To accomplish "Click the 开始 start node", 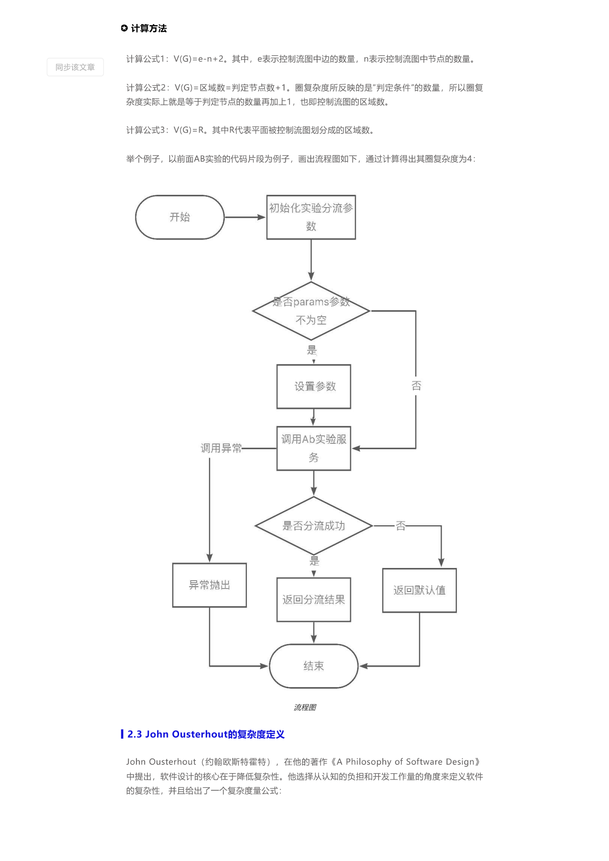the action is (180, 217).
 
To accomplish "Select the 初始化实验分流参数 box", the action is (311, 217).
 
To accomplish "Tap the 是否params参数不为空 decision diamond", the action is (311, 311).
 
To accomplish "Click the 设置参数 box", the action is (314, 386).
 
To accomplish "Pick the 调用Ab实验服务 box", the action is (314, 448).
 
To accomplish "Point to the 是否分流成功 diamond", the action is (314, 526).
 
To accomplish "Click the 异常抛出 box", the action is (210, 585).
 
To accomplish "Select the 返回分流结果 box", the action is (314, 599).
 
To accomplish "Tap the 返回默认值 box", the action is (420, 590).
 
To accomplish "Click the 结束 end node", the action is (314, 666).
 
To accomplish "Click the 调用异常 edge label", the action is (221, 448).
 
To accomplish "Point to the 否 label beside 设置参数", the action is (416, 386).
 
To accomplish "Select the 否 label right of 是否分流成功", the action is (401, 526).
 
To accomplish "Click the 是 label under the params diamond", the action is (312, 350).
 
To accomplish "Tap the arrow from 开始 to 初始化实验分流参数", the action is (245, 217).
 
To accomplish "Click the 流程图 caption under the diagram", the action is (305, 707).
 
